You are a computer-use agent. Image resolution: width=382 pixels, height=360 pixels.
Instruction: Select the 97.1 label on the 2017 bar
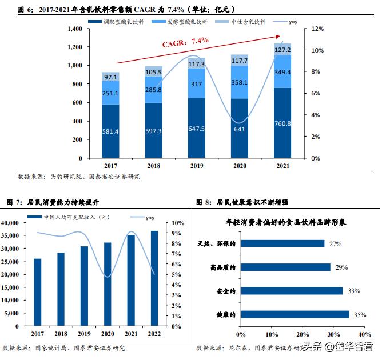click(110, 77)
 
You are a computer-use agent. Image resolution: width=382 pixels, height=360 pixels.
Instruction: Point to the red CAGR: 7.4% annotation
click(185, 41)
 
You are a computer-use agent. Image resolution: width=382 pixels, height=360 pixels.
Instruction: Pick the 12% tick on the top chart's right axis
click(318, 29)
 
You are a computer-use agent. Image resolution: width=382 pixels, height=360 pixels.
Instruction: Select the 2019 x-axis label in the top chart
click(196, 165)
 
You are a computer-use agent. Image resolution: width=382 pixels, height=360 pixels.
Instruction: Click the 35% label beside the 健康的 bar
click(359, 314)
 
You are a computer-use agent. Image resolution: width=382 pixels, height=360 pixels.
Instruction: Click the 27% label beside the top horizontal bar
click(335, 244)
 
